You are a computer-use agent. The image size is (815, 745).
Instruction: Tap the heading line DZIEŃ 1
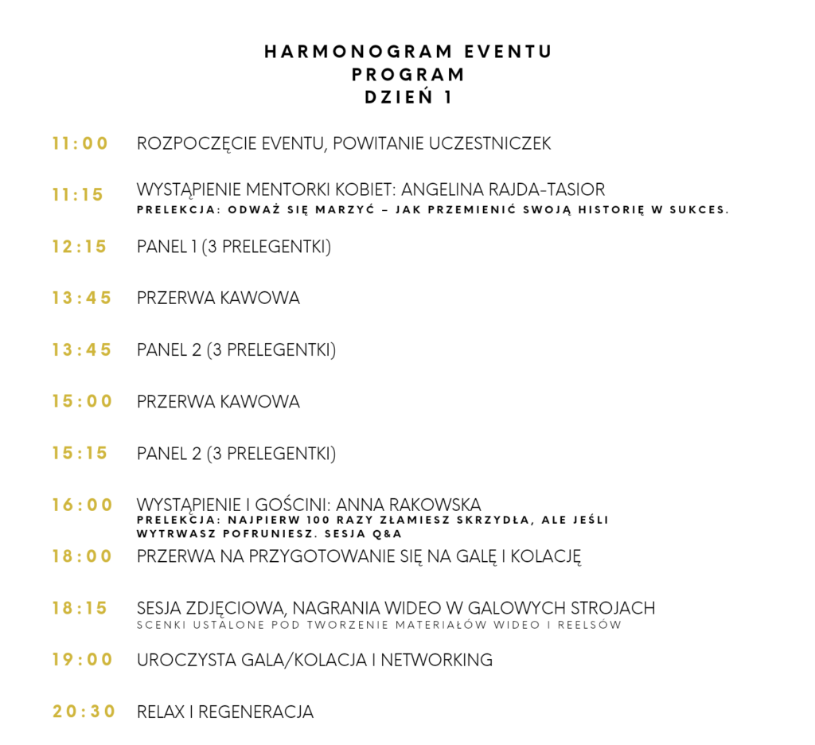[x=407, y=98]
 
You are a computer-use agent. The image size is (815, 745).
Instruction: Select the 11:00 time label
[x=80, y=144]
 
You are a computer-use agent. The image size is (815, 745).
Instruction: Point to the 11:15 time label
[x=79, y=195]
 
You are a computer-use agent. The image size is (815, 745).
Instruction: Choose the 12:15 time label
[x=80, y=247]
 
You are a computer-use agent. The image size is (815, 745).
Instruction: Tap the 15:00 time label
[x=83, y=402]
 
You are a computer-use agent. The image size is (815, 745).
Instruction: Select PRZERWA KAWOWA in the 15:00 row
[x=218, y=402]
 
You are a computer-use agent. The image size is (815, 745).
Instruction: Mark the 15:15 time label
[x=80, y=453]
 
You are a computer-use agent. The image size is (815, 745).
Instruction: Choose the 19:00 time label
[x=83, y=660]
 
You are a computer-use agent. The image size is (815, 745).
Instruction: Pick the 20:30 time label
[x=84, y=712]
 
